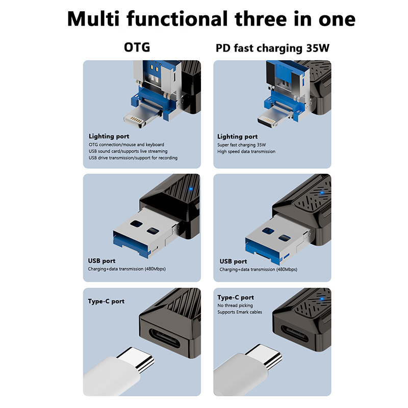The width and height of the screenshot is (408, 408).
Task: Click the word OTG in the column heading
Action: click(x=137, y=47)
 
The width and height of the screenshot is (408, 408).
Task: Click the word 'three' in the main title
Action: click(x=261, y=19)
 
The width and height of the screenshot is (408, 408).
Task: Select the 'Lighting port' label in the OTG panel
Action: click(x=109, y=136)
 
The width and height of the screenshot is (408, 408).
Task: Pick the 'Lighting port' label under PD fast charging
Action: click(x=237, y=137)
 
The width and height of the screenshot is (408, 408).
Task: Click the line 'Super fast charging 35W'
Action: click(x=241, y=145)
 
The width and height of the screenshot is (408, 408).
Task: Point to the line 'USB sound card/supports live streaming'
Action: click(x=128, y=151)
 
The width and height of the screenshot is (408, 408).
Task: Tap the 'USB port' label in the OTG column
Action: click(x=101, y=261)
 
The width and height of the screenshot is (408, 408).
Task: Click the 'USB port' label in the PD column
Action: click(x=233, y=261)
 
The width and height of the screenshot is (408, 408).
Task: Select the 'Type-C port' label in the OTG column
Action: click(x=106, y=301)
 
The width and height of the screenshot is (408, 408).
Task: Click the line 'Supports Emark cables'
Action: click(x=240, y=312)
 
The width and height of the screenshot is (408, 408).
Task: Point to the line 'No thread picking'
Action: click(x=235, y=305)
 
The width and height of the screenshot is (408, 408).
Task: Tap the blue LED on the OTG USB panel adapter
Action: click(x=191, y=189)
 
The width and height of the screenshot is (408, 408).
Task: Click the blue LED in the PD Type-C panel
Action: click(x=322, y=299)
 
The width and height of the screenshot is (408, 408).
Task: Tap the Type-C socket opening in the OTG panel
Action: click(x=165, y=338)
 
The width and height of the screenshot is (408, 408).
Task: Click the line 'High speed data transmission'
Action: click(x=246, y=151)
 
